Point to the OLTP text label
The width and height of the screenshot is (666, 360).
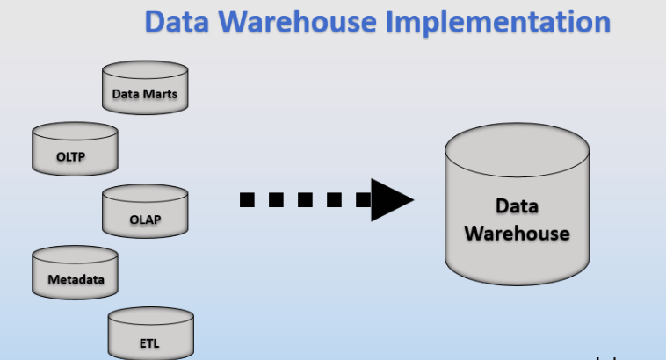[x=75, y=157]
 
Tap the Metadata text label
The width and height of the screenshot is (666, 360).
[x=75, y=280]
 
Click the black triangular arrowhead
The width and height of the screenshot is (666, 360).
[x=389, y=199]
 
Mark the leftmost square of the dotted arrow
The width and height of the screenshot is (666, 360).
[x=248, y=199]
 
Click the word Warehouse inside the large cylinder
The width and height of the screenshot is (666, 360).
[x=517, y=234]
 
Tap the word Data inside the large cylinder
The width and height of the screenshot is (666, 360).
[x=517, y=206]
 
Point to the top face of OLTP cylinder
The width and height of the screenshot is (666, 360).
[x=75, y=134]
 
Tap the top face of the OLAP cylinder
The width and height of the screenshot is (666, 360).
[x=145, y=196]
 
